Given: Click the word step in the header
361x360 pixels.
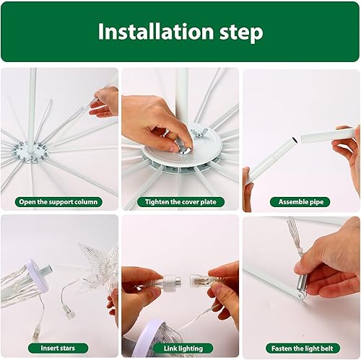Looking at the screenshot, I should tap(237, 33).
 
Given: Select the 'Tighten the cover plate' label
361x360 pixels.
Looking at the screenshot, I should tap(180, 203).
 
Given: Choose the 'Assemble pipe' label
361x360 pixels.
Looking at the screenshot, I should tap(300, 203).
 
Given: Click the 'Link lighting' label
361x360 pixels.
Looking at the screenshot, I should tap(180, 348).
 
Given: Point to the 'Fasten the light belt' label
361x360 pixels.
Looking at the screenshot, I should tap(300, 348).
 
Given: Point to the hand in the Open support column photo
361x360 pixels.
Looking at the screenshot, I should tap(105, 102).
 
